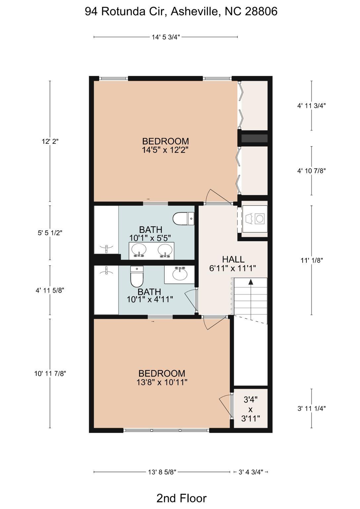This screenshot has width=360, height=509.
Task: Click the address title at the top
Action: pyautogui.click(x=181, y=11)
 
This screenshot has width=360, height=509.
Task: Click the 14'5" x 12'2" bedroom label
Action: pyautogui.click(x=165, y=145)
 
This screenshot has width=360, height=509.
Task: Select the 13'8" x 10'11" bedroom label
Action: pyautogui.click(x=162, y=378)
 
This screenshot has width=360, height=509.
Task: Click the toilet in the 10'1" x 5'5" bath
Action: pyautogui.click(x=183, y=219)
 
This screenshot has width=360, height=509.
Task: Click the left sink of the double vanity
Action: pyautogui.click(x=139, y=250)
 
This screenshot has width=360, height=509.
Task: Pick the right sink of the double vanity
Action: pyautogui.click(x=165, y=250)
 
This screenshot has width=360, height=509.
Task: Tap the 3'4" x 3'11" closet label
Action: pyautogui.click(x=250, y=409)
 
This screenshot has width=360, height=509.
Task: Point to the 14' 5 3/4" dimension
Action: pyautogui.click(x=166, y=37)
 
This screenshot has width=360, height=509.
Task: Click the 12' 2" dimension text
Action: pyautogui.click(x=50, y=141)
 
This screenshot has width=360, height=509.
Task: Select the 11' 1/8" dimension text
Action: pyautogui.click(x=312, y=260)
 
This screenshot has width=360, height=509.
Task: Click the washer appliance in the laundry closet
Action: pyautogui.click(x=255, y=219)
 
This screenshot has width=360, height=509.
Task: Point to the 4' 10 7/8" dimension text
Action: pyautogui.click(x=312, y=171)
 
